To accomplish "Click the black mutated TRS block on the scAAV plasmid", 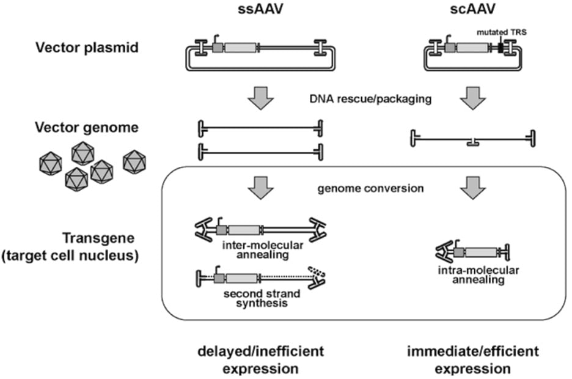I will tap(501, 47).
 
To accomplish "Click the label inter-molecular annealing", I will tap(260, 248).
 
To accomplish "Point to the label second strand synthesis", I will tap(260, 298).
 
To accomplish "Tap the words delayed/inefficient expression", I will tap(260, 360).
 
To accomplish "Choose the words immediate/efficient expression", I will tap(473, 360).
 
